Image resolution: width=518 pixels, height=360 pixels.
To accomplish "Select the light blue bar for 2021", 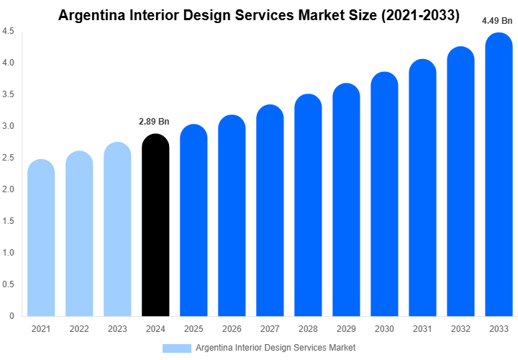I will [x=41, y=238].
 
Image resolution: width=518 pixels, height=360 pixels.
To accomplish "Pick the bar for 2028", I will [x=308, y=205].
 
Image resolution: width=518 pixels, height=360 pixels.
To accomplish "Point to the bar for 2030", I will [x=384, y=194].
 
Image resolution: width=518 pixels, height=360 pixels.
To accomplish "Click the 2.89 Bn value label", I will [x=155, y=121].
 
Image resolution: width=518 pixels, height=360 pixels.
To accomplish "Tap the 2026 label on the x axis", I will [x=232, y=328].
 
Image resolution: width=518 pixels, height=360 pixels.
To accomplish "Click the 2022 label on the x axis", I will [x=79, y=328].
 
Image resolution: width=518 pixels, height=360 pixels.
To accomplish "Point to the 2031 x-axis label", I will [x=422, y=328].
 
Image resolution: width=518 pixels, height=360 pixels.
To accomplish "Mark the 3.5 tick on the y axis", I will [x=9, y=94].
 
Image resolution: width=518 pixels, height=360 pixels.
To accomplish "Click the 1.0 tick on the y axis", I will [x=9, y=253].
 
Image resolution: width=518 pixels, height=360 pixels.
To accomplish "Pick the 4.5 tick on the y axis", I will [x=9, y=32].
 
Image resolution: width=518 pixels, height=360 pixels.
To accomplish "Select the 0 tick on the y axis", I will [x=12, y=315].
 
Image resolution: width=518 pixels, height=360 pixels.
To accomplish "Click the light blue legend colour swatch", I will [x=177, y=348].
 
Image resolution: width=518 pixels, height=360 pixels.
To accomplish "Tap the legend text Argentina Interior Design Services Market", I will [x=276, y=348].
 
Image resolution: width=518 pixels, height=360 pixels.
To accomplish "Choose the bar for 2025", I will [x=194, y=220].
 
